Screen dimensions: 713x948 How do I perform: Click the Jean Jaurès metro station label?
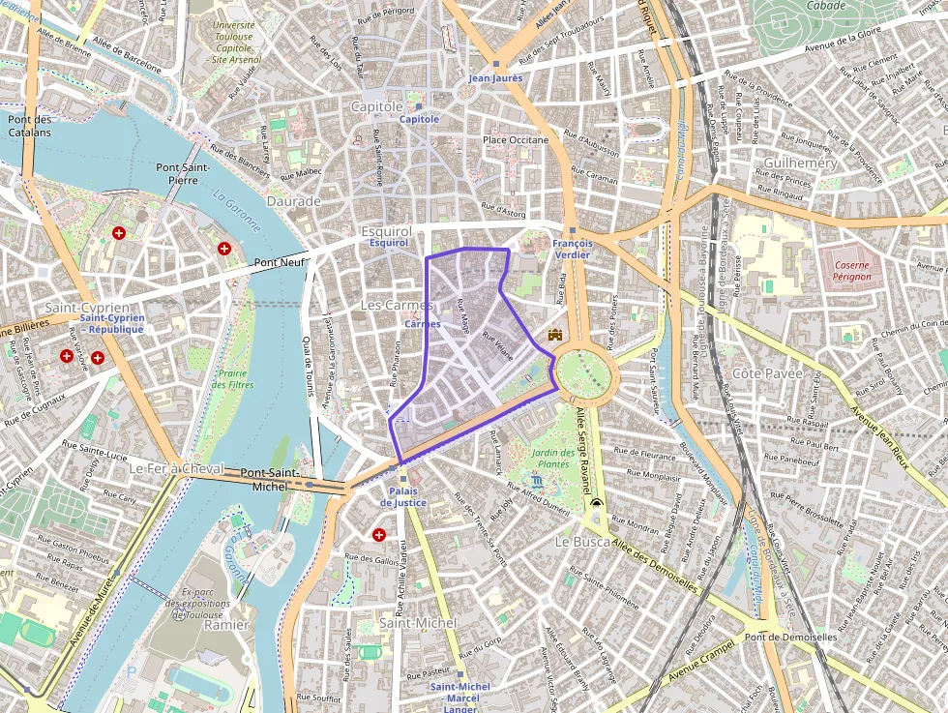pyautogui.click(x=495, y=77)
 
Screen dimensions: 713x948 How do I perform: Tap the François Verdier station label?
pyautogui.click(x=572, y=250)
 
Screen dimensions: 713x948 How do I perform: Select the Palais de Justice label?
pyautogui.click(x=403, y=497)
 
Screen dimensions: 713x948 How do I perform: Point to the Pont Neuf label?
pyautogui.click(x=280, y=262)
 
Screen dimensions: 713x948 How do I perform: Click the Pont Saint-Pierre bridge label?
pyautogui.click(x=183, y=173)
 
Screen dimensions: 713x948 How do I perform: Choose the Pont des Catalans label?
pyautogui.click(x=29, y=126)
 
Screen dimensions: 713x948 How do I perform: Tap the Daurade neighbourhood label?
pyautogui.click(x=294, y=201)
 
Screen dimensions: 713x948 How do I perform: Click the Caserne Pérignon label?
pyautogui.click(x=851, y=270)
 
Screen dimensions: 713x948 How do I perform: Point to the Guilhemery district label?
pyautogui.click(x=800, y=163)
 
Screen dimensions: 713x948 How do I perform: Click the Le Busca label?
pyautogui.click(x=581, y=543)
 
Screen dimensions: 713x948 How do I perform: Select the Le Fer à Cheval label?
pyautogui.click(x=175, y=468)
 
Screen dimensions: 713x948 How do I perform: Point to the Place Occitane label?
pyautogui.click(x=515, y=140)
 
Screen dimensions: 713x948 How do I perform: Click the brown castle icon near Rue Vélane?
pyautogui.click(x=554, y=335)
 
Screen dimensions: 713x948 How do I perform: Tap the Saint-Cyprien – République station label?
pyautogui.click(x=111, y=323)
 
